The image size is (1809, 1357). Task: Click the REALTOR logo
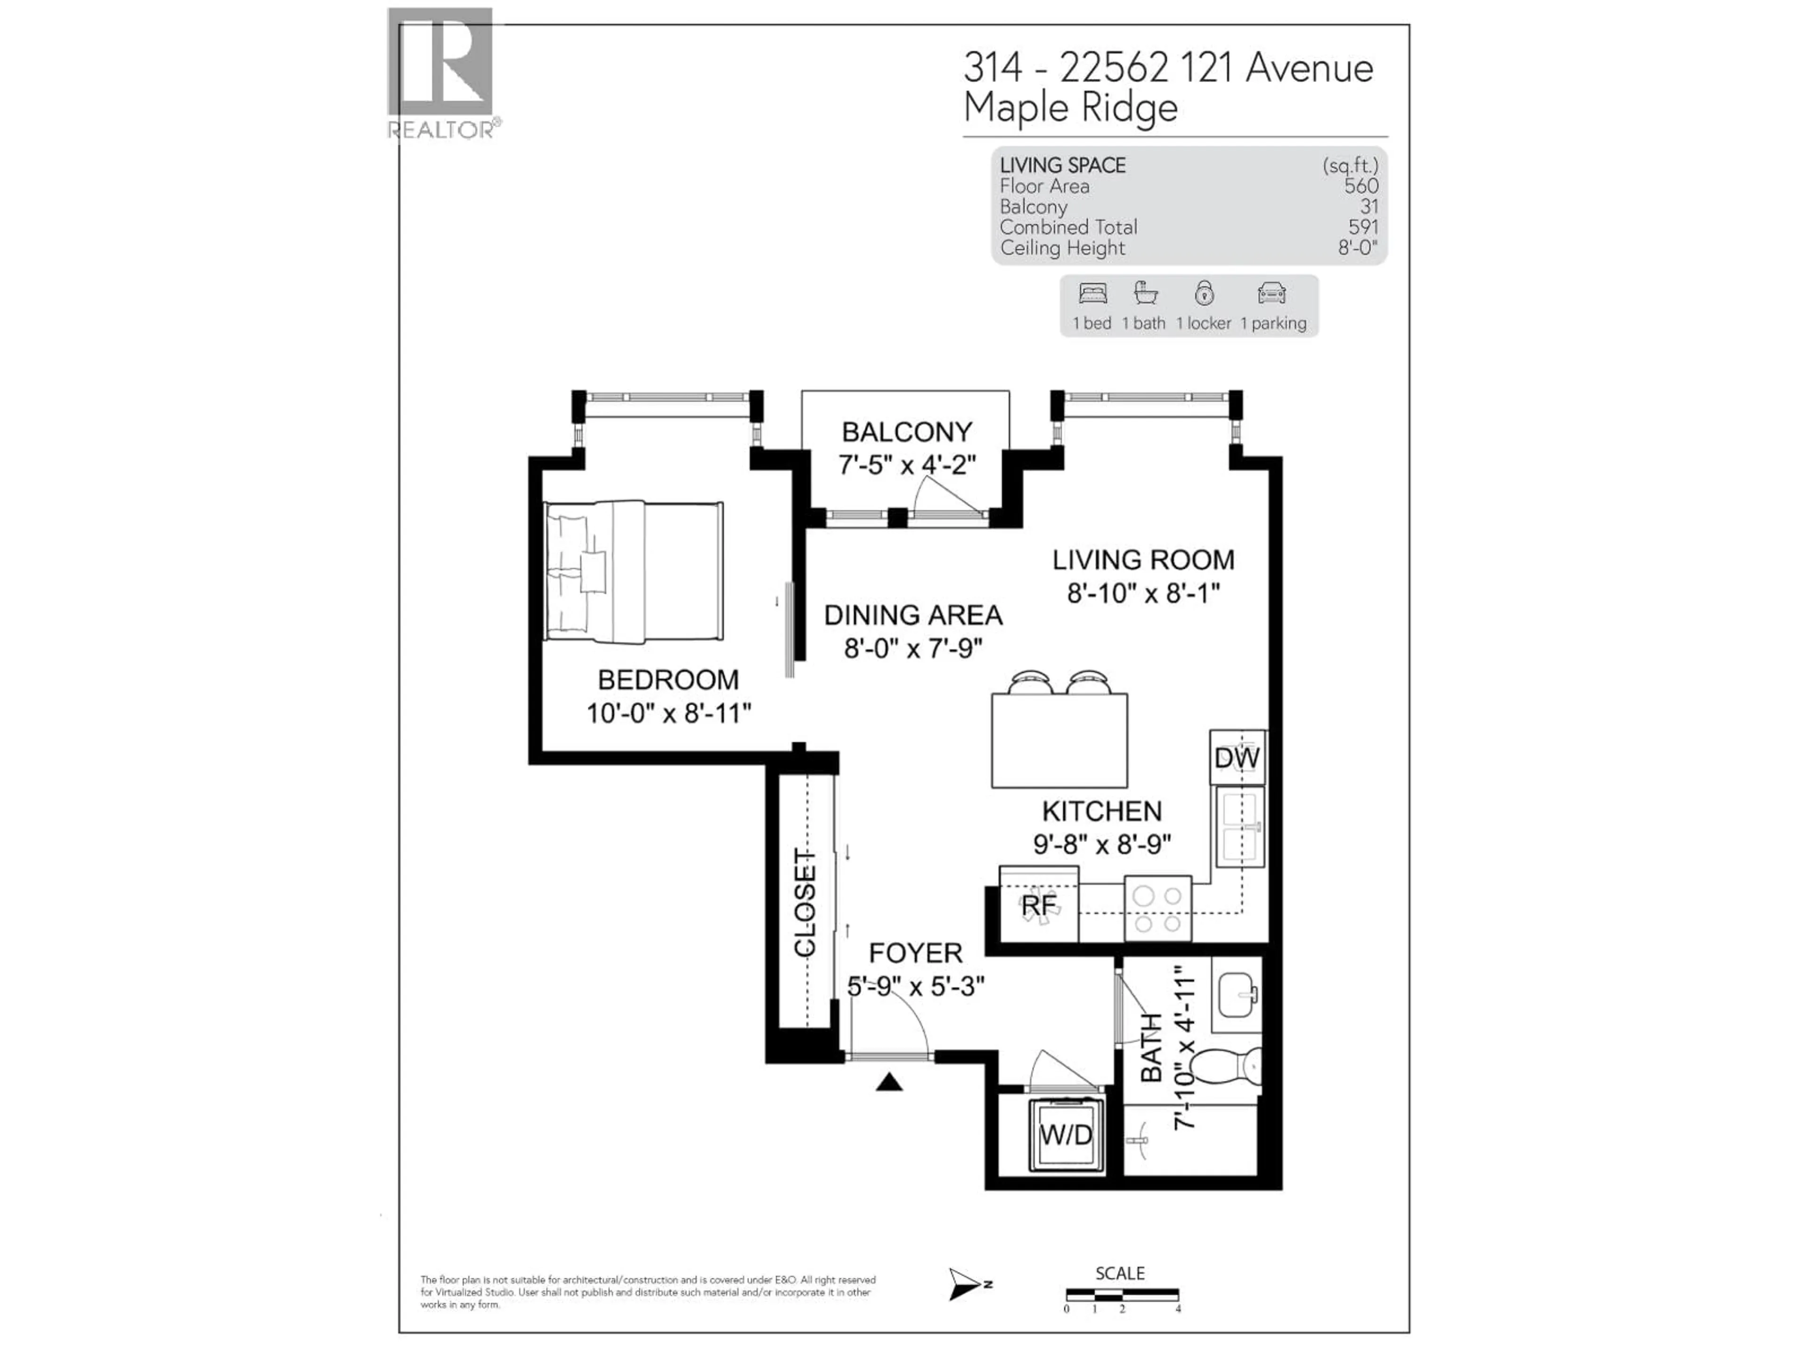[440, 72]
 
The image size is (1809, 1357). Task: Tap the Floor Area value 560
[1361, 187]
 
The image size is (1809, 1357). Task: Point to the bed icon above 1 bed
[1092, 294]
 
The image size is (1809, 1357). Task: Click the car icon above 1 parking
[1271, 294]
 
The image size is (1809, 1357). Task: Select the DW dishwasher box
[1237, 758]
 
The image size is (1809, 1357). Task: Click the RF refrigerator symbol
[1039, 906]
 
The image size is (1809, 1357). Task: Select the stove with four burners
[1157, 909]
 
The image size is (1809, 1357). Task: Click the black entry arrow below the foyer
[889, 1083]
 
